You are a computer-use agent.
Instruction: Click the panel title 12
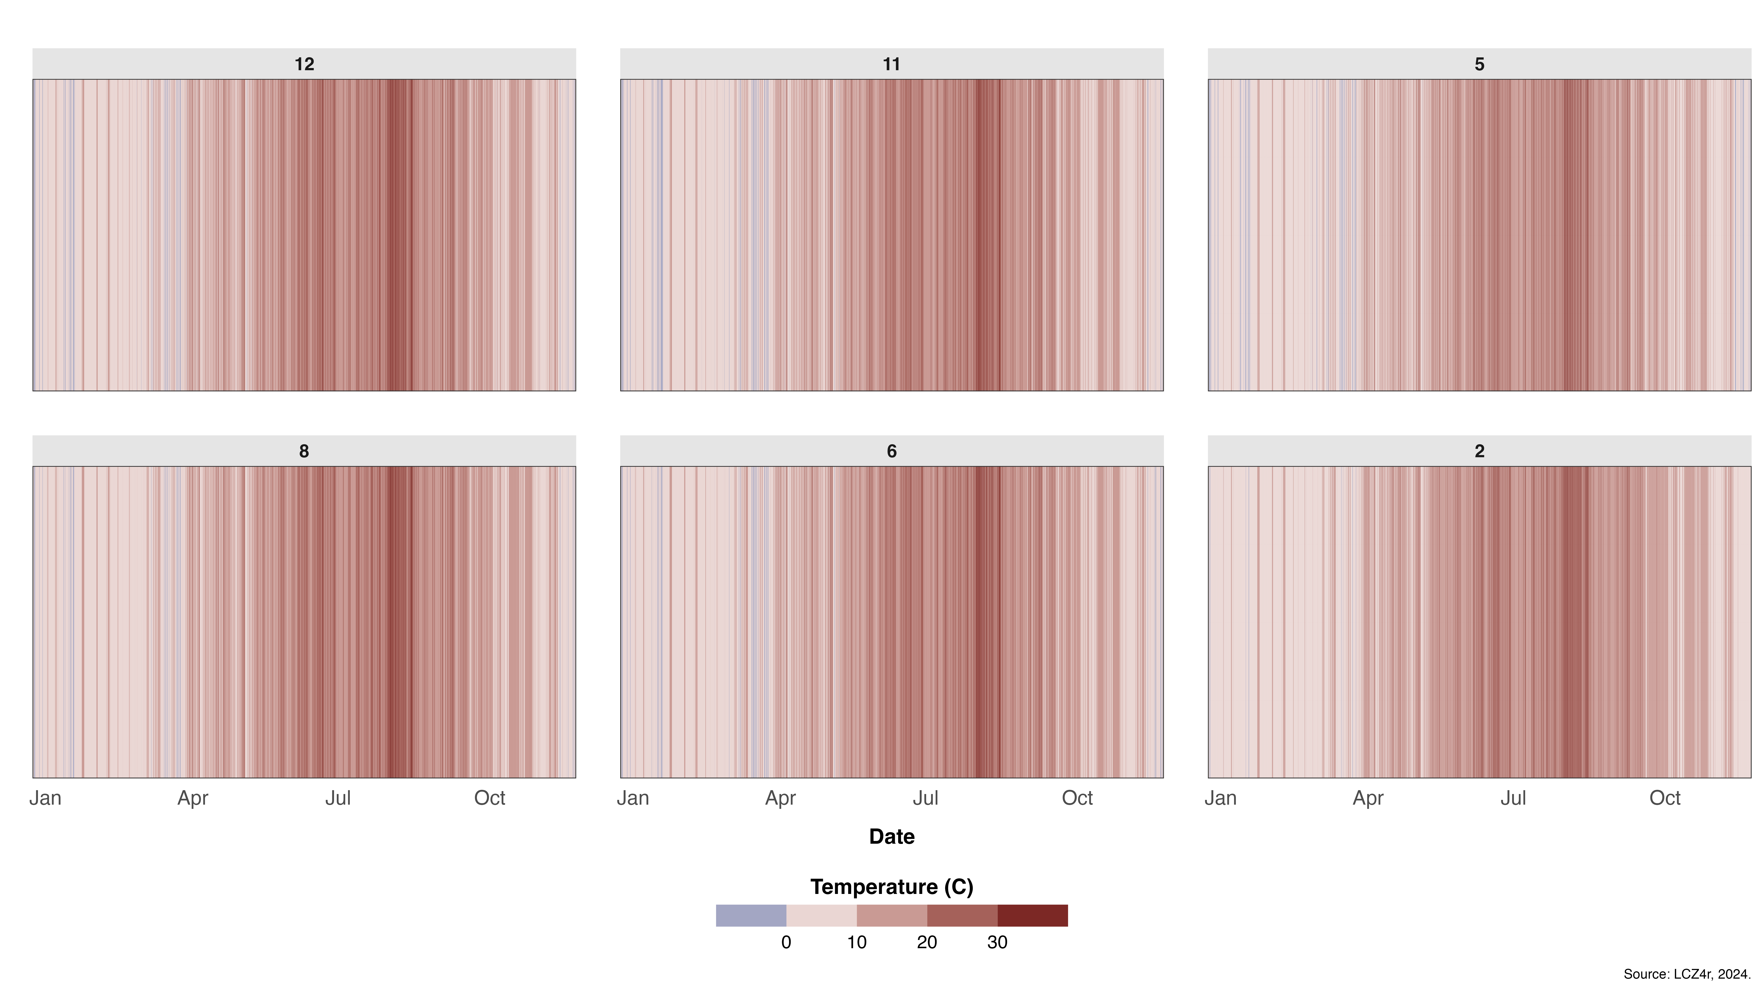(x=304, y=64)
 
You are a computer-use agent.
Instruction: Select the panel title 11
(x=892, y=64)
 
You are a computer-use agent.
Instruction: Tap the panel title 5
(x=1479, y=64)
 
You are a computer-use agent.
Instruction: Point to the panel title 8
(x=304, y=451)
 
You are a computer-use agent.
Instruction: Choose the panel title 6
(x=892, y=451)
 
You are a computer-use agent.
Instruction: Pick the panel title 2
(x=1479, y=451)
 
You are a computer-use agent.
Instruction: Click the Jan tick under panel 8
(x=45, y=798)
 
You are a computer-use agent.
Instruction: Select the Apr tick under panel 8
(x=193, y=798)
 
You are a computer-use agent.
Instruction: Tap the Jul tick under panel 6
(x=926, y=798)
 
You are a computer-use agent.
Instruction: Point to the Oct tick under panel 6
(x=1077, y=798)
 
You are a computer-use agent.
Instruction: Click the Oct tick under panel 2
(x=1665, y=798)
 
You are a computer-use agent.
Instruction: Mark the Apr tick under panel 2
(x=1368, y=798)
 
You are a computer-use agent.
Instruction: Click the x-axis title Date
(x=892, y=836)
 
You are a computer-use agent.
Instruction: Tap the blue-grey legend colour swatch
(x=751, y=916)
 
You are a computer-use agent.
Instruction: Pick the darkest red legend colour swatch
(x=1032, y=916)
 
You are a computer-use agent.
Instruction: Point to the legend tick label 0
(x=786, y=942)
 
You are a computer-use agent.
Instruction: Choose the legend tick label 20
(x=926, y=942)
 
